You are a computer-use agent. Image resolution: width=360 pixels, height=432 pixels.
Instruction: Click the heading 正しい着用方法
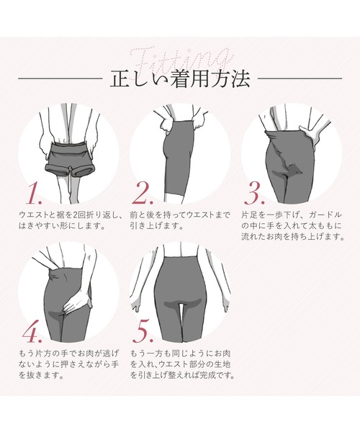pos(180,79)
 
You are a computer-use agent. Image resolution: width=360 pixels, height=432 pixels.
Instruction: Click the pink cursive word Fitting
pos(181,61)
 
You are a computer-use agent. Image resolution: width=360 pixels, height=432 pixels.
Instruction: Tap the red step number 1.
pos(35,194)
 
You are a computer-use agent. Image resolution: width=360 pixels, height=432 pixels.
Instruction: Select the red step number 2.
pos(143,194)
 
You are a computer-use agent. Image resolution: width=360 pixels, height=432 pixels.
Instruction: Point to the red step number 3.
pos(255,194)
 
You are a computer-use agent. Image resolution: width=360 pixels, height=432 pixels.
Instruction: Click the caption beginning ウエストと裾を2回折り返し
pos(70,220)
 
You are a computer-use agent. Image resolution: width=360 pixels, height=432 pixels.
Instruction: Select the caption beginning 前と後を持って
pos(179,220)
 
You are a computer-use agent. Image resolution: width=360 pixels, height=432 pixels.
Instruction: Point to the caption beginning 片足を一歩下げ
pos(292,226)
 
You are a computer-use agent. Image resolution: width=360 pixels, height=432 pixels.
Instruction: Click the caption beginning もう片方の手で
pos(69,364)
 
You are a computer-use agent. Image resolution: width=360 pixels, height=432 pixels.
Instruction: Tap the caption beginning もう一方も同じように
pos(182,364)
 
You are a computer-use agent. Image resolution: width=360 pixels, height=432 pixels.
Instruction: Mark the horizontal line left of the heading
pos(60,78)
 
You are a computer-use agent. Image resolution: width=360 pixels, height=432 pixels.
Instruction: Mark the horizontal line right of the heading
pos(300,78)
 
